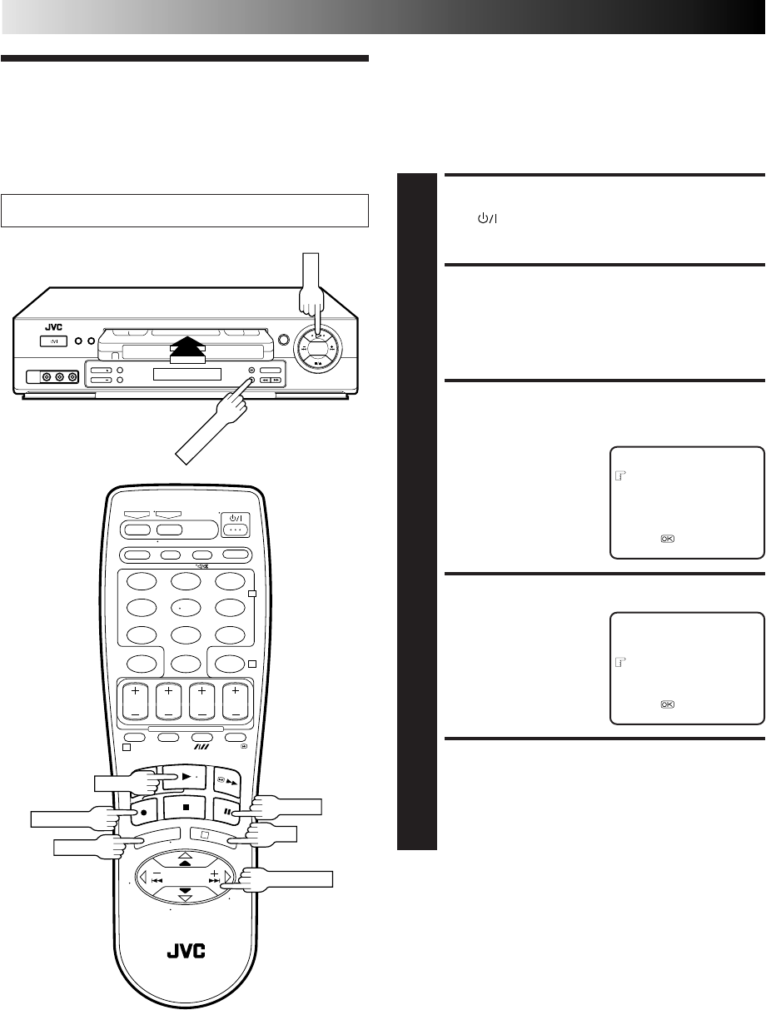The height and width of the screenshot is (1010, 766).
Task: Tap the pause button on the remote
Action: coord(226,808)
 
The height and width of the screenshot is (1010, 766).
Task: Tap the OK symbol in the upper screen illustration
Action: coord(667,539)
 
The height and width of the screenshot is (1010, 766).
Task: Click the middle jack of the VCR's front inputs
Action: coord(59,377)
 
